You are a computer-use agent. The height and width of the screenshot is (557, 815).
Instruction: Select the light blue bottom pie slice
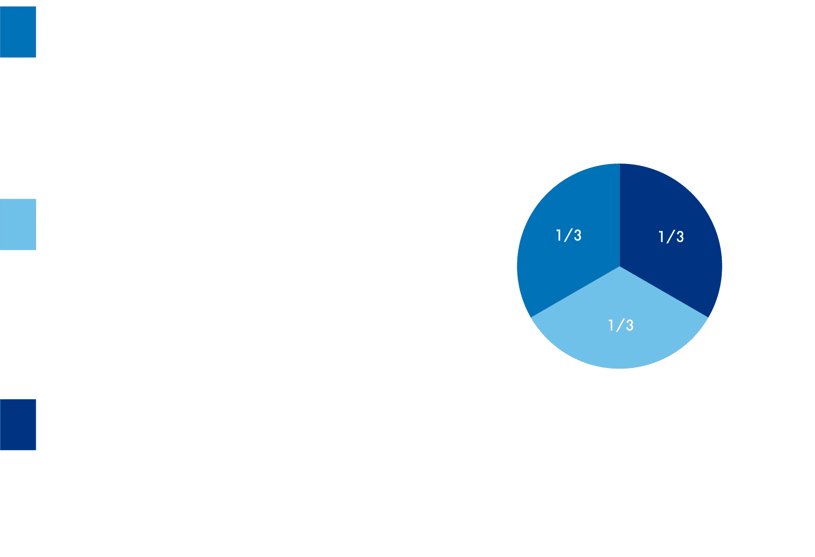(x=620, y=337)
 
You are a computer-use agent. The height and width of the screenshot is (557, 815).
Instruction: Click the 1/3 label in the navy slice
(x=671, y=237)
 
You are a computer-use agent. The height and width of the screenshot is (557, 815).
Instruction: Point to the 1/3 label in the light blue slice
(x=620, y=325)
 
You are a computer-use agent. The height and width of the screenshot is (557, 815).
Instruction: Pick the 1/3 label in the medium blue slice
(x=569, y=235)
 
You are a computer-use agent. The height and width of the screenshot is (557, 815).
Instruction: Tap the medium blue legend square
(x=18, y=32)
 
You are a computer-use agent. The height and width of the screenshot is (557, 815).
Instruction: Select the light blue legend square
(x=18, y=225)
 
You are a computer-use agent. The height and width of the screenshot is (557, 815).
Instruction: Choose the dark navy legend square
(x=18, y=425)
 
